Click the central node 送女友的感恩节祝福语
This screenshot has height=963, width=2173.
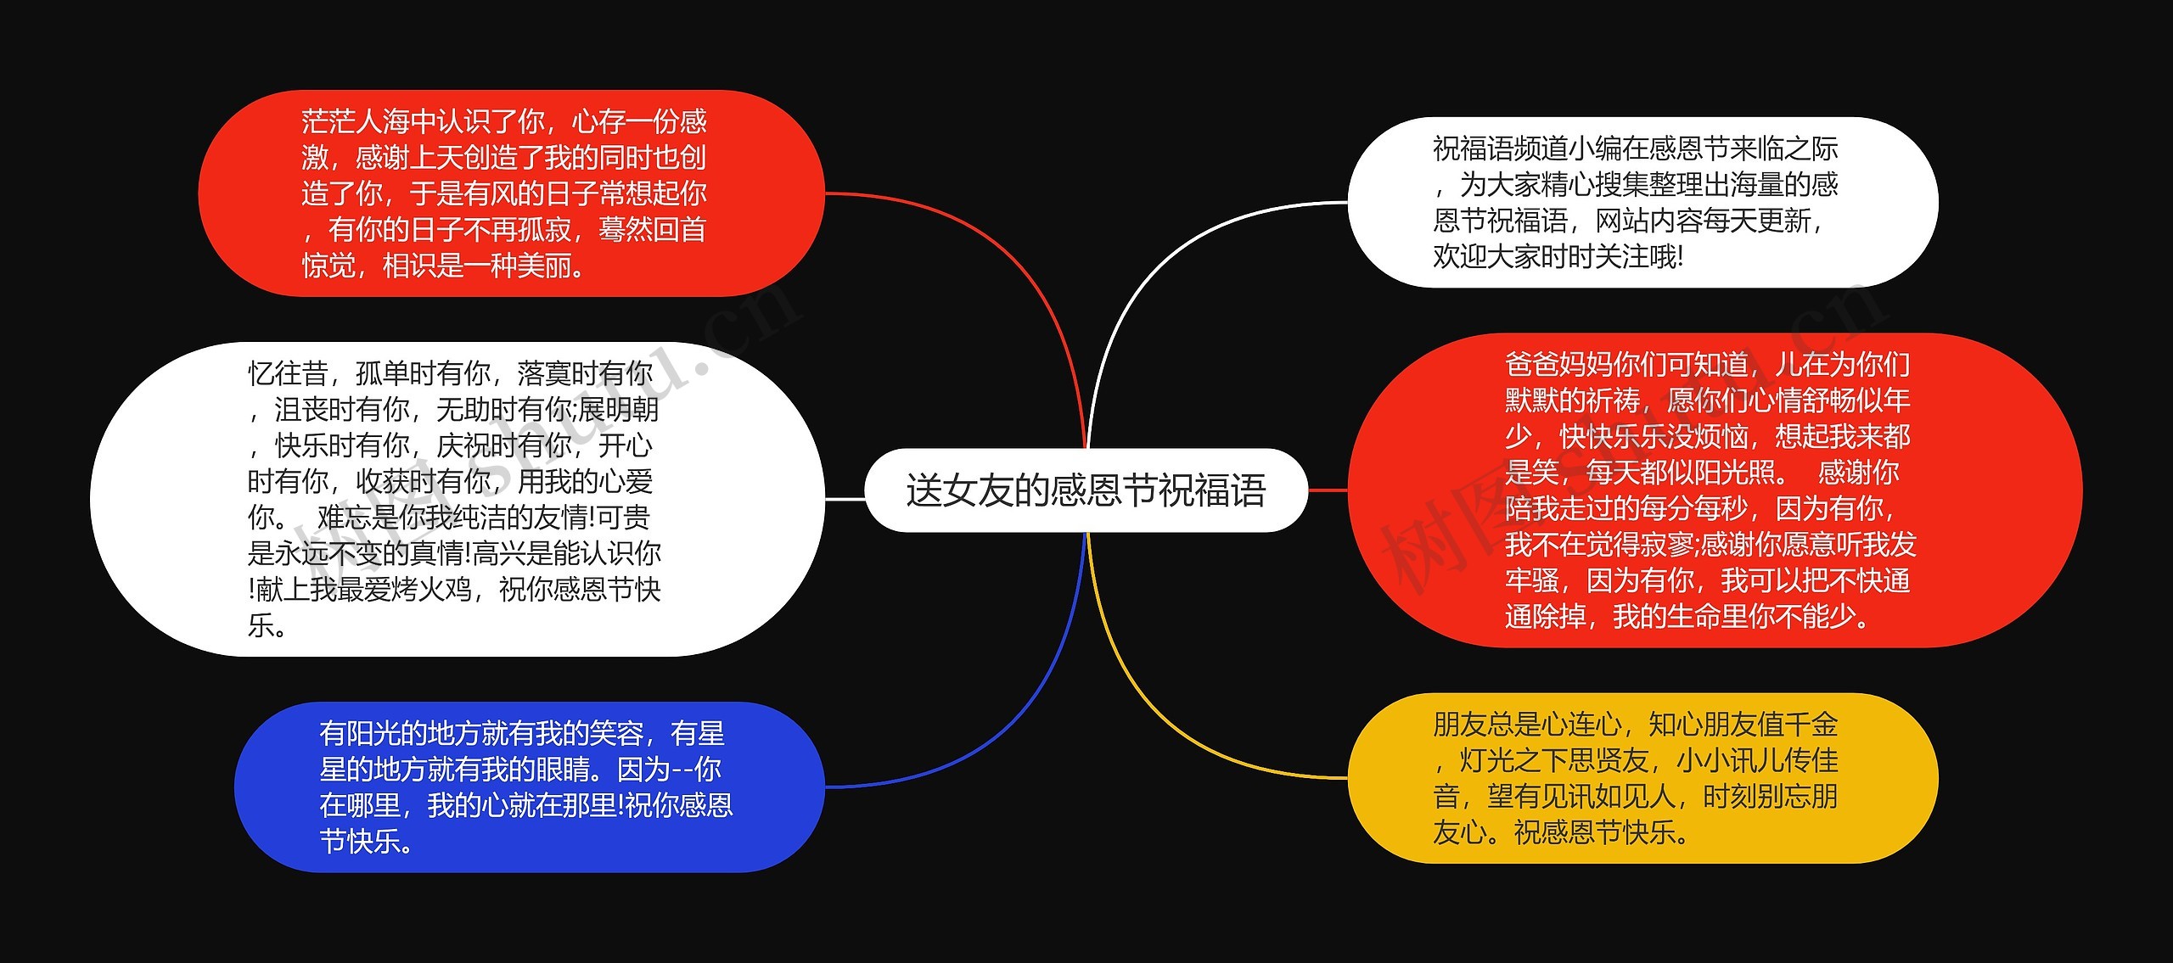tap(1086, 490)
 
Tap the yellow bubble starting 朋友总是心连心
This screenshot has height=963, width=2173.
tap(1642, 778)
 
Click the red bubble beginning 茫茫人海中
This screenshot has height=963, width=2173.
tap(511, 193)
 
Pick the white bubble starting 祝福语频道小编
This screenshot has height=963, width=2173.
tap(1642, 203)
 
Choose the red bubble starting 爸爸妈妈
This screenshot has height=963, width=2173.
tap(1715, 490)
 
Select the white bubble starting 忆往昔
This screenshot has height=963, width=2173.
tap(457, 499)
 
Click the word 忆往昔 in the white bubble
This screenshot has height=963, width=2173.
tap(288, 373)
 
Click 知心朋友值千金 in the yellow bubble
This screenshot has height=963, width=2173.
tap(1743, 725)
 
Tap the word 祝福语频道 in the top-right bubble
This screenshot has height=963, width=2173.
tap(1501, 149)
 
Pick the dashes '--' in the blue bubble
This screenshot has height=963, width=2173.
tap(682, 770)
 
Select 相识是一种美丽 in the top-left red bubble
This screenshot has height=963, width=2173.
tap(484, 266)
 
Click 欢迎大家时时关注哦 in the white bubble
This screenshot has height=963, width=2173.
tap(1555, 256)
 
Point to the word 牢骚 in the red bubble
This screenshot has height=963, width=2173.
tap(1531, 581)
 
